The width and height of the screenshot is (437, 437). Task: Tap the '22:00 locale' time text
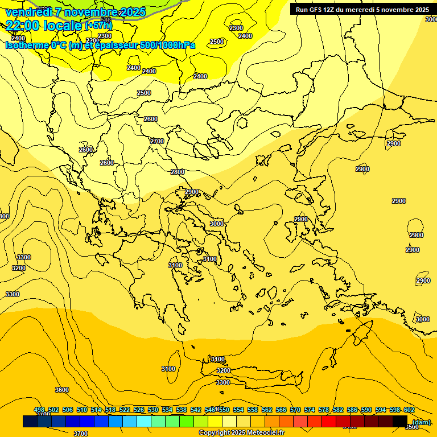(x=44, y=25)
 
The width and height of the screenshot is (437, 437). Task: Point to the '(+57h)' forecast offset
(x=98, y=26)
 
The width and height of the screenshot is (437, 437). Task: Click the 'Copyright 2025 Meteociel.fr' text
(x=241, y=432)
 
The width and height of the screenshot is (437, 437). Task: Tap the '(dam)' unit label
(x=421, y=422)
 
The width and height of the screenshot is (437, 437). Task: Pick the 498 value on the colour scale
(x=39, y=410)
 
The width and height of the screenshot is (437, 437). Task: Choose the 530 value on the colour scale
(x=153, y=410)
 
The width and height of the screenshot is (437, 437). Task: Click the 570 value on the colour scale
(x=295, y=410)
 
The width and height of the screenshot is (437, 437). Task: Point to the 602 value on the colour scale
(x=409, y=410)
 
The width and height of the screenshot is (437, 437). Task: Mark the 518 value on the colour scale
(x=110, y=410)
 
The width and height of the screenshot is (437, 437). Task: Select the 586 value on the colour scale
(x=352, y=410)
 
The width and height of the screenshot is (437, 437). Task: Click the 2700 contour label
(x=157, y=141)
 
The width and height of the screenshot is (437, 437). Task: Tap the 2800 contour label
(x=178, y=172)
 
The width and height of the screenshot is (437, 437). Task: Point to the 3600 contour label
(x=62, y=390)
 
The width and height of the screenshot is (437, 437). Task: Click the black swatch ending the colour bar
(x=400, y=422)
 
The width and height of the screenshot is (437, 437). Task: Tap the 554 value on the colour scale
(x=238, y=410)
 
